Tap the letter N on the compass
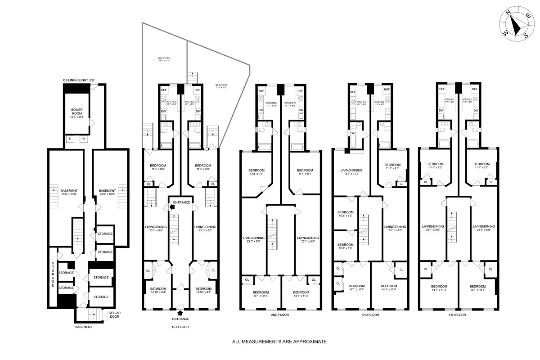[x=509, y=14]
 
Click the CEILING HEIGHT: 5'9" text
[x=79, y=80]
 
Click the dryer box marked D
[x=70, y=139]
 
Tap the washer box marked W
[x=83, y=139]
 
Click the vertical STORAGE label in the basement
[x=53, y=274]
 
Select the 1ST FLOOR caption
[x=180, y=327]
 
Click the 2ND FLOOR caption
[x=279, y=315]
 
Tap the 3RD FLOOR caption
[x=370, y=315]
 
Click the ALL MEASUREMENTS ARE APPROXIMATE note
[x=279, y=342]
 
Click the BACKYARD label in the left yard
[x=164, y=60]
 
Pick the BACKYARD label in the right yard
[x=221, y=87]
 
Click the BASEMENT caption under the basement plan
[x=84, y=327]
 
